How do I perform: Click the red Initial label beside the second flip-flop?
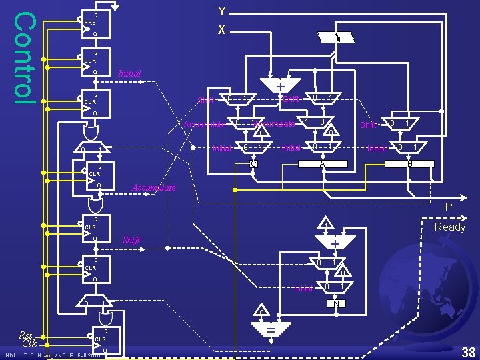tap(129, 73)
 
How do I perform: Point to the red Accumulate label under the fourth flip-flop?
tap(154, 188)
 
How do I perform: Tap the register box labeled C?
tap(253, 164)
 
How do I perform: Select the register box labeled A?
tap(322, 164)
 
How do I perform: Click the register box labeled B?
tap(409, 164)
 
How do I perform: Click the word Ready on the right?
tap(450, 227)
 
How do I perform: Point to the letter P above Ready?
tap(449, 208)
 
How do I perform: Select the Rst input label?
tap(26, 335)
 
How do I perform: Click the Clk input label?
tap(29, 344)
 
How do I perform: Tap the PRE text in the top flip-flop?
tap(89, 23)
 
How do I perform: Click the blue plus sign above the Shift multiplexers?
tap(280, 87)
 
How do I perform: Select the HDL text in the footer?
tap(11, 355)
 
